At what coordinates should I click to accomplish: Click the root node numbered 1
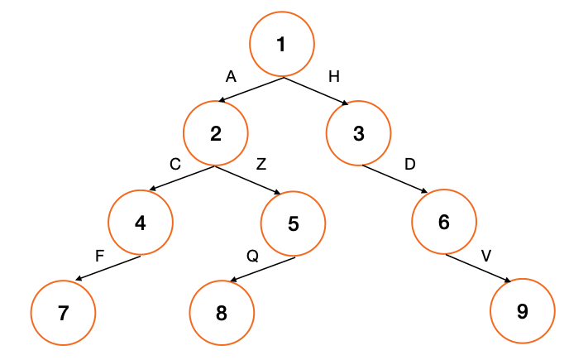click(x=282, y=44)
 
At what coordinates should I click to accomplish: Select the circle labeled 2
click(x=216, y=133)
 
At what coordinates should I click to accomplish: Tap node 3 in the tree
click(x=358, y=133)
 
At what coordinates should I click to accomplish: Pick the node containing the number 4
click(x=141, y=223)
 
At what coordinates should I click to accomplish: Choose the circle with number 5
click(x=294, y=223)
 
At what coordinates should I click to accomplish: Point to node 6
click(x=444, y=223)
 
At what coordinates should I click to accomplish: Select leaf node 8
click(x=221, y=313)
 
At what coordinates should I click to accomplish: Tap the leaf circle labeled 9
click(x=522, y=312)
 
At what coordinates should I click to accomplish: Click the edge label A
click(x=231, y=77)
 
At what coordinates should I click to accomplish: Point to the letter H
click(x=333, y=77)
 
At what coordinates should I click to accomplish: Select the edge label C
click(x=175, y=165)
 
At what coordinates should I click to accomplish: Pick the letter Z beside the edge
click(x=261, y=165)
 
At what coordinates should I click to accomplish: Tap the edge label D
click(x=410, y=165)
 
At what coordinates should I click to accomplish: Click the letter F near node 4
click(x=99, y=256)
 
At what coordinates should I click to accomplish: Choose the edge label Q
click(x=252, y=256)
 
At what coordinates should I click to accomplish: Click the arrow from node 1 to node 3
click(x=315, y=90)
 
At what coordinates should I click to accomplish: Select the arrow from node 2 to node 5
click(x=251, y=180)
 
